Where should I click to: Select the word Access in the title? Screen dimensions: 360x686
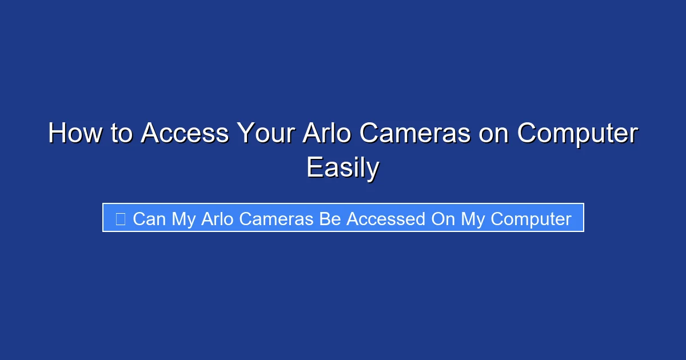(x=185, y=134)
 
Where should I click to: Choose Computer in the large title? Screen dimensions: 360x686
(x=577, y=134)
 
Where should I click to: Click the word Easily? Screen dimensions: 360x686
(x=342, y=168)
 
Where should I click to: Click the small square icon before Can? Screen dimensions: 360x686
(x=120, y=218)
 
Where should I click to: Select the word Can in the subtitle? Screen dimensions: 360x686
(x=149, y=219)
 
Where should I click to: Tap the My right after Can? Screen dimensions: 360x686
(x=184, y=219)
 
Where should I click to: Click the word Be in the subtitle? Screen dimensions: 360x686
(x=330, y=219)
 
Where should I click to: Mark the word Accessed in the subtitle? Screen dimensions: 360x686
(x=385, y=219)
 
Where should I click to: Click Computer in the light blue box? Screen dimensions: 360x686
(x=531, y=219)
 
